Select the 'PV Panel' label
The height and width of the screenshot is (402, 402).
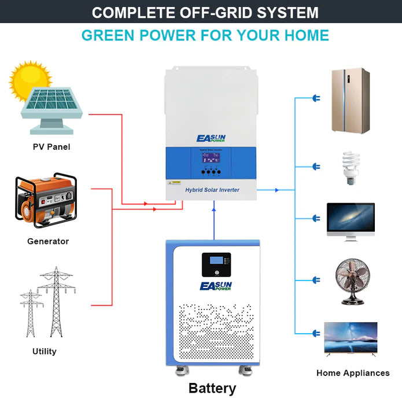click(51, 147)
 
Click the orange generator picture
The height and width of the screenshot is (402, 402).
click(46, 200)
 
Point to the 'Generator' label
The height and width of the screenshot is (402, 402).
click(48, 241)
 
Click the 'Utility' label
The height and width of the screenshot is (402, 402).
click(45, 351)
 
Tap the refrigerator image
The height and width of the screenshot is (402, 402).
click(350, 101)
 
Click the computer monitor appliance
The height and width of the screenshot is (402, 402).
click(351, 220)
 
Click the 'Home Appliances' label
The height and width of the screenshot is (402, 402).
click(353, 373)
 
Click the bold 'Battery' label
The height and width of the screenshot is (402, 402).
click(212, 388)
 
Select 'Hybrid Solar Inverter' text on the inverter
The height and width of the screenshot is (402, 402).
click(212, 190)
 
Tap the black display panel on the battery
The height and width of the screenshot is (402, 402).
click(216, 264)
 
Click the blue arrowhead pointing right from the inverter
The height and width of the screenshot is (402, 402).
click(276, 190)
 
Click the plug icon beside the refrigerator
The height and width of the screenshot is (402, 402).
click(316, 98)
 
